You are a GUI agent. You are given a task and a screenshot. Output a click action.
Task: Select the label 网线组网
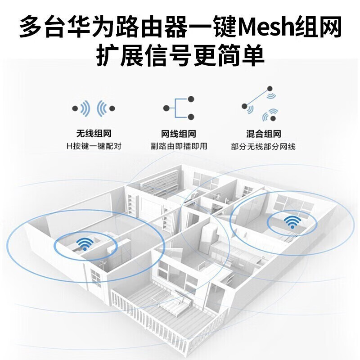point(179,134)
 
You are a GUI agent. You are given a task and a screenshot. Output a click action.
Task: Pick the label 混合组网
point(264,134)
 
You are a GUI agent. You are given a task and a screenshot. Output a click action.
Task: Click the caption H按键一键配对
point(93,146)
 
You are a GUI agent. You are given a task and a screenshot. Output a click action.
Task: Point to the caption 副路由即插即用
point(179,146)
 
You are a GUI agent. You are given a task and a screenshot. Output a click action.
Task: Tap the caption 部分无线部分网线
point(263,146)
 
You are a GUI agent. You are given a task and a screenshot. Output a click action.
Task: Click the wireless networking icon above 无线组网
point(93,108)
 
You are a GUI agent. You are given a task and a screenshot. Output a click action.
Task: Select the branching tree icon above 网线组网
point(179,108)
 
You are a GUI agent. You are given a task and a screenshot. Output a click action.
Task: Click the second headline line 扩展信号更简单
point(180,56)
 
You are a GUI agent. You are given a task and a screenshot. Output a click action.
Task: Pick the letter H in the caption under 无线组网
point(68,146)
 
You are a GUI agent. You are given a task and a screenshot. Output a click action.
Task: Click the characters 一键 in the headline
point(211,27)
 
